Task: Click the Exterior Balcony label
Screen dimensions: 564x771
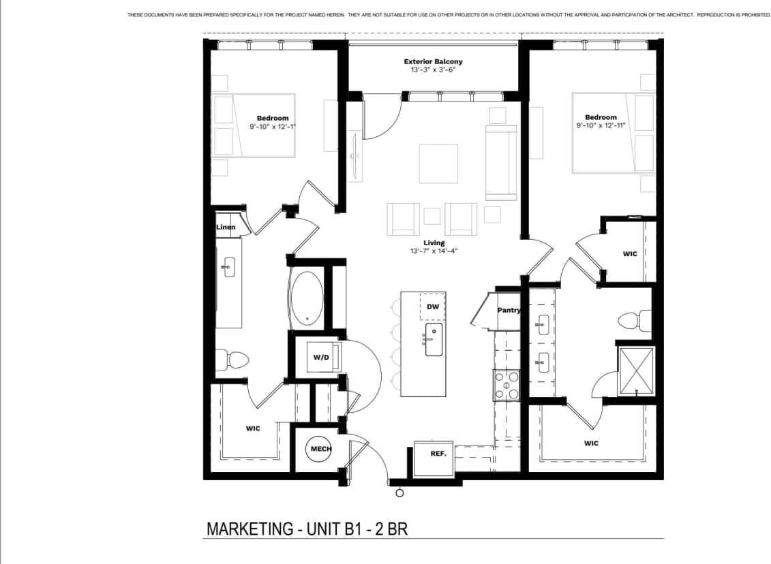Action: click(x=433, y=61)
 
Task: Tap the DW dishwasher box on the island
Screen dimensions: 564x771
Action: click(x=433, y=307)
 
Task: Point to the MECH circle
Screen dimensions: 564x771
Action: click(x=321, y=449)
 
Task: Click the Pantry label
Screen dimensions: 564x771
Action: click(x=509, y=311)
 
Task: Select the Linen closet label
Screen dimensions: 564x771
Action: click(x=226, y=227)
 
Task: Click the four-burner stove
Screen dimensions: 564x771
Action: click(x=507, y=386)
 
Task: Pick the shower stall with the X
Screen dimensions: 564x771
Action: click(x=635, y=371)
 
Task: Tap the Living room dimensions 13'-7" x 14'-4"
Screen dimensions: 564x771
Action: click(x=433, y=251)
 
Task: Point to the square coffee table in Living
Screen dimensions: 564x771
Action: click(x=438, y=163)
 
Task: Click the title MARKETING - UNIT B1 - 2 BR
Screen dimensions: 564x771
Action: click(x=307, y=529)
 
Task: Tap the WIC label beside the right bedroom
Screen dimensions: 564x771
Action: click(x=630, y=254)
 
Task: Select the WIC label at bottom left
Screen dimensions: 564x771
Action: click(x=253, y=428)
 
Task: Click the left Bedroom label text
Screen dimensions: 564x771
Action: click(x=273, y=118)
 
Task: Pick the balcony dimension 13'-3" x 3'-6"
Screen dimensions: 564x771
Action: click(x=433, y=70)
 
